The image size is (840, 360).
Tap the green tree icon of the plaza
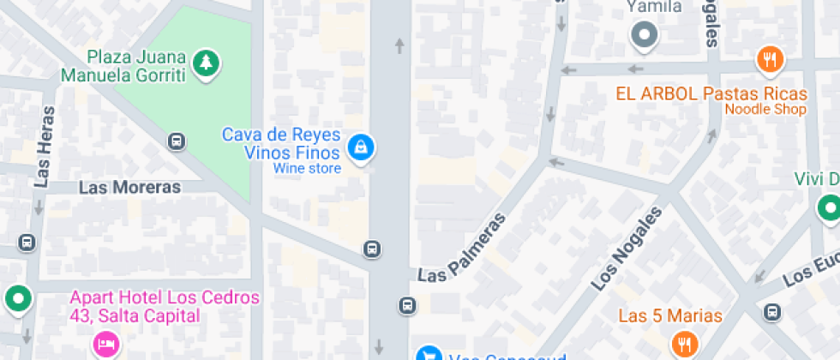206,62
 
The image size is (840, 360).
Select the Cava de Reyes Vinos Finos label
281,144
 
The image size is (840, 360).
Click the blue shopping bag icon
362,147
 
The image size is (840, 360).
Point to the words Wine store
307,169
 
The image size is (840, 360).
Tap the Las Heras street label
45,146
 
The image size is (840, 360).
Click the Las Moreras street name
129,187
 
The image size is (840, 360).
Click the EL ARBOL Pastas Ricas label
711,94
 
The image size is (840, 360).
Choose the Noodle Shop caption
765,110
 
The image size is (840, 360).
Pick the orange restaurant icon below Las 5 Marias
684,345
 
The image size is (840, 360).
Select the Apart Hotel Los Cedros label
164,306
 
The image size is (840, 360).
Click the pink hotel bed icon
104,345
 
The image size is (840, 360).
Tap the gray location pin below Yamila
643,36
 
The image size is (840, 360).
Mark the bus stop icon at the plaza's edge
177,141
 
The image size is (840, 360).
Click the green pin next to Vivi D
828,207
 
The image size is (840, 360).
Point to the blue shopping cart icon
428,354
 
